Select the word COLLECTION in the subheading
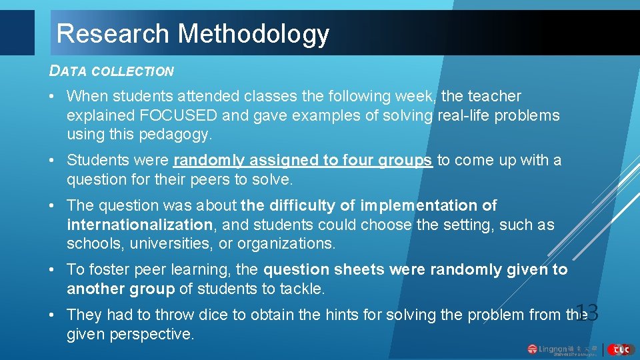[133, 71]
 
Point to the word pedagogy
[174, 135]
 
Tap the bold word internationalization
[140, 225]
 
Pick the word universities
[158, 243]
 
